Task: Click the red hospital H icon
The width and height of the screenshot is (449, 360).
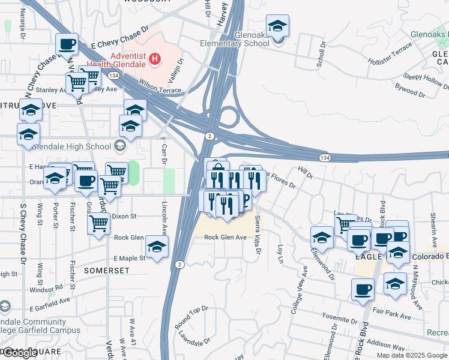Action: tap(155, 59)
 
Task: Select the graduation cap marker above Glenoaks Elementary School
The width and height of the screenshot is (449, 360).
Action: tap(277, 27)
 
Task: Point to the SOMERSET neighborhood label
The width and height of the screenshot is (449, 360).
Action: tap(107, 271)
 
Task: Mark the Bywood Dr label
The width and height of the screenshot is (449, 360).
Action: tap(410, 92)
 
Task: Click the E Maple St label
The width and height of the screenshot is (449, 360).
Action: tap(130, 259)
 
